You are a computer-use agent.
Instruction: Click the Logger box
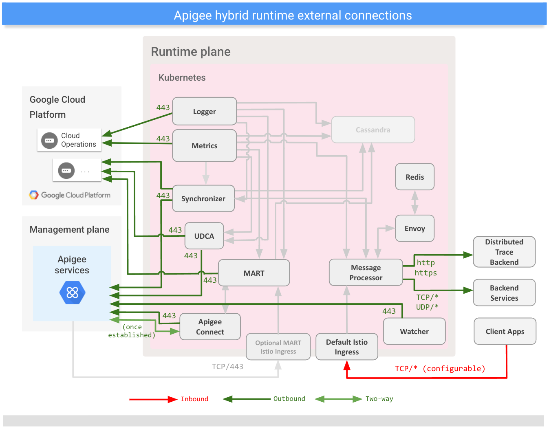tap(204, 111)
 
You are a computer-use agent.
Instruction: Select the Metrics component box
tap(204, 145)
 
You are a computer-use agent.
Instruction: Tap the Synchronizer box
tap(203, 198)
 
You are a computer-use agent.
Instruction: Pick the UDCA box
tap(204, 236)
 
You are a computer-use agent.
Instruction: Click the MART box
tap(254, 273)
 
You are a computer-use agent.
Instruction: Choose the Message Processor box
tap(366, 273)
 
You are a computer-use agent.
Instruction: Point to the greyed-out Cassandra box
tap(373, 130)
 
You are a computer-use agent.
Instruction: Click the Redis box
tap(415, 177)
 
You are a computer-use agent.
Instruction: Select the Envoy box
tap(415, 229)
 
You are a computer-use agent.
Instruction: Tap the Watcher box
tap(414, 331)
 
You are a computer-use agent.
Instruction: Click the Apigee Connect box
tap(210, 327)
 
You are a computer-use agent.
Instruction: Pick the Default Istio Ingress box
tap(346, 347)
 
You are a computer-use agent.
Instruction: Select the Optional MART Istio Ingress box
tap(278, 347)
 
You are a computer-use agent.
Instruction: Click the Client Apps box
tap(505, 331)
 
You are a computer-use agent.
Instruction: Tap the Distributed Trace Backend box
tap(504, 252)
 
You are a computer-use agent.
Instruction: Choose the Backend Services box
tap(504, 293)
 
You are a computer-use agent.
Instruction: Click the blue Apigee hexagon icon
tap(72, 293)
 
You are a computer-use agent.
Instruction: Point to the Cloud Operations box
tap(69, 140)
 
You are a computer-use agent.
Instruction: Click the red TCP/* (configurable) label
tap(440, 368)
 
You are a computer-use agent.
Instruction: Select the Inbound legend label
tap(194, 399)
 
